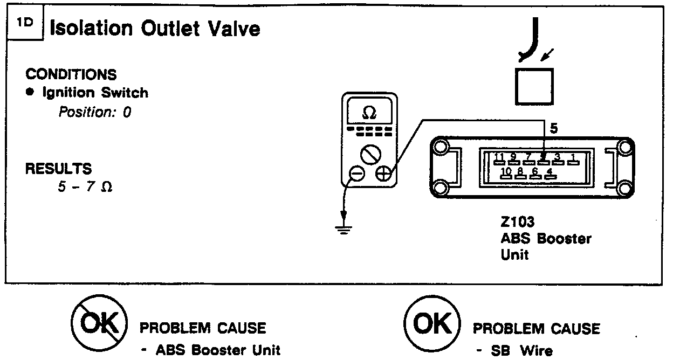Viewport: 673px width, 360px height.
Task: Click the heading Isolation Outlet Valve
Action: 155,29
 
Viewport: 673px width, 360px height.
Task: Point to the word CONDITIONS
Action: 71,74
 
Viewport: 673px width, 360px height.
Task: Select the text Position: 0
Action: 95,113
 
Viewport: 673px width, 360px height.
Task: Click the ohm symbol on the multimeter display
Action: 370,113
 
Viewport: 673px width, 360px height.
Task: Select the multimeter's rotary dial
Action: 370,155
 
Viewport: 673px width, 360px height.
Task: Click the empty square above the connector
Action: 534,86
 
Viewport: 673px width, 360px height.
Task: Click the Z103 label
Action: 516,223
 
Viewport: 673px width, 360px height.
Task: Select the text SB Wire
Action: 521,351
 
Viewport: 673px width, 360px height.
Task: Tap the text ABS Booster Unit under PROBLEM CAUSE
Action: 218,350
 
